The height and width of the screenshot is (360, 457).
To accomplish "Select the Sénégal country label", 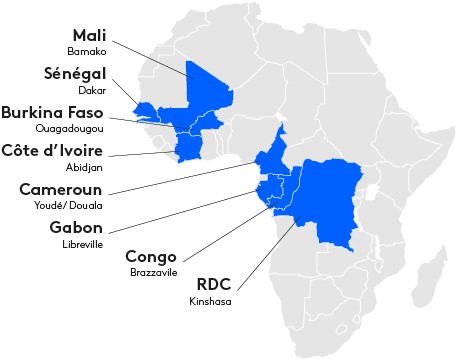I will pyautogui.click(x=76, y=76).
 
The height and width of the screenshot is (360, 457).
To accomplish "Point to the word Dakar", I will pyautogui.click(x=93, y=92).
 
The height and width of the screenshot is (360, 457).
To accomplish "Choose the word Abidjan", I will pyautogui.click(x=87, y=167).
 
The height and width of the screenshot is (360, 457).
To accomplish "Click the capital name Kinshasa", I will pyautogui.click(x=209, y=300).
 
